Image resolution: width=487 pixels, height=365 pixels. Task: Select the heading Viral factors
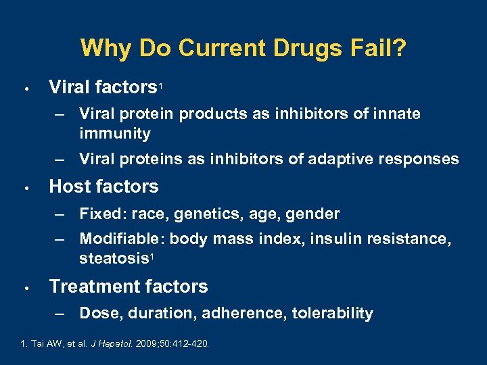click(x=103, y=87)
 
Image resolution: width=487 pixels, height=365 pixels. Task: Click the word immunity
click(x=114, y=133)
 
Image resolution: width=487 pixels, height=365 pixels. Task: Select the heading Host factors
click(x=103, y=187)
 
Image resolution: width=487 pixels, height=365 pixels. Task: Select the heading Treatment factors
click(x=129, y=287)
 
